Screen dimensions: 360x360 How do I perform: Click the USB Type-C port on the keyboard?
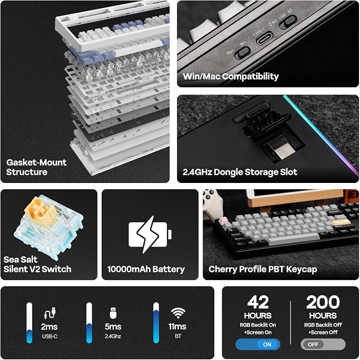265,39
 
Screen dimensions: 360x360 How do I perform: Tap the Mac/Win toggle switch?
243,53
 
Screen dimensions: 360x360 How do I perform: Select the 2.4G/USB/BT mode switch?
288,22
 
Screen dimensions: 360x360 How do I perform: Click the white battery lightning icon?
150,234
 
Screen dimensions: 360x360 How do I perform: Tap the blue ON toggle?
258,345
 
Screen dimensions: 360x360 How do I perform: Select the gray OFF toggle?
323,345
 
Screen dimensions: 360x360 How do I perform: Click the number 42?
258,302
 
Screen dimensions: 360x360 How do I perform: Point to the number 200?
323,302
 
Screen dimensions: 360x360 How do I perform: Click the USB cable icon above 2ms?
50,313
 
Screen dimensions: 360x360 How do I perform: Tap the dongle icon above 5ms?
113,313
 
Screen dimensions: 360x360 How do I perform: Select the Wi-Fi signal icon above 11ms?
178,313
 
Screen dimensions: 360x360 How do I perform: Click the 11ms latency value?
178,326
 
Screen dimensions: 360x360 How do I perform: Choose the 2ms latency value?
49,327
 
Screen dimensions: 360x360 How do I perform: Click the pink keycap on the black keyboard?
223,221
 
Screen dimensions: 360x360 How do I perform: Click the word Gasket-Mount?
36,163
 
